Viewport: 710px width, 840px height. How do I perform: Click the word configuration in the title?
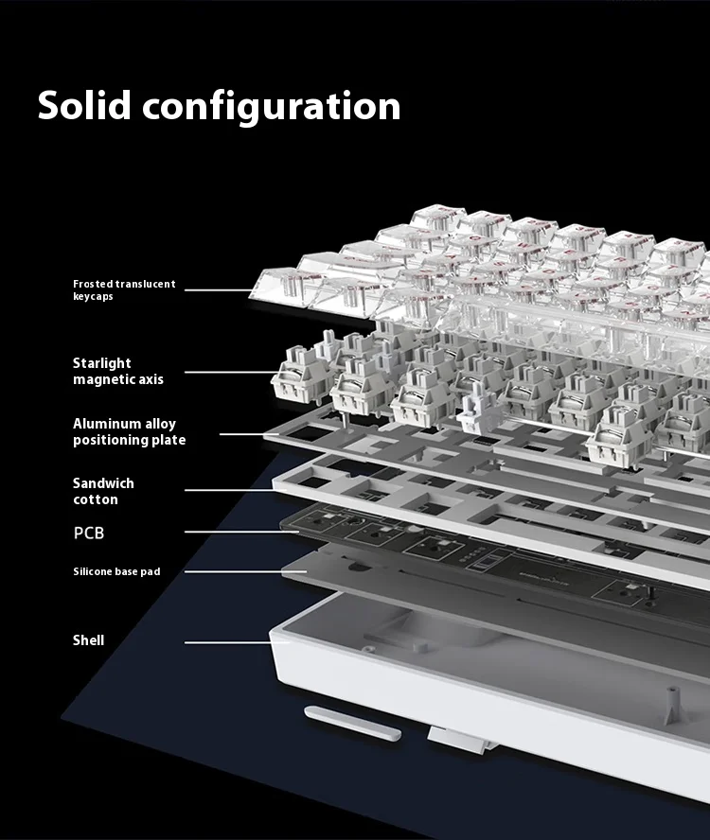tap(272, 108)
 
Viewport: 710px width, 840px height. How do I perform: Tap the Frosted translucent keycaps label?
tap(124, 289)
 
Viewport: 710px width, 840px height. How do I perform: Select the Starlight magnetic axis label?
tap(118, 371)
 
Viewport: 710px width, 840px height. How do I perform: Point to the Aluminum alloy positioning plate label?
tap(130, 431)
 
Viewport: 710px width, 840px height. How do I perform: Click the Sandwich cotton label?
tap(103, 491)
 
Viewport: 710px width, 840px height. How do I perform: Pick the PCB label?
tap(88, 533)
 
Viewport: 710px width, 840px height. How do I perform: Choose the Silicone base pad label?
tap(116, 571)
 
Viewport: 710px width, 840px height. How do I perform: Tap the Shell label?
tap(88, 640)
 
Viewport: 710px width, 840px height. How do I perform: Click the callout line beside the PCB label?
tap(241, 532)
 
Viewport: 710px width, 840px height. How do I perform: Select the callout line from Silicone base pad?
tap(245, 571)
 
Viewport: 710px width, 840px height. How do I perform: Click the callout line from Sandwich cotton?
tap(230, 490)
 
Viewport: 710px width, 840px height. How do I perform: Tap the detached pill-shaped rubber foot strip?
tap(352, 723)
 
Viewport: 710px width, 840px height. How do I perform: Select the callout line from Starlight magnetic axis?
tap(232, 372)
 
